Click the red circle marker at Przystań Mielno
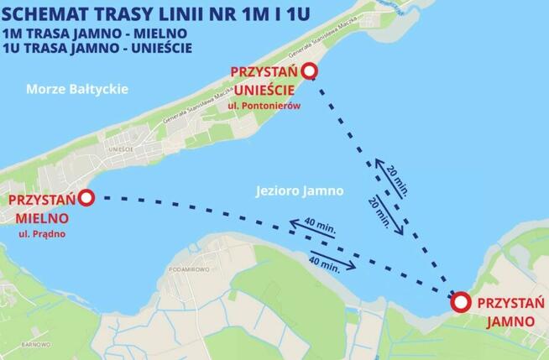click(x=86, y=197)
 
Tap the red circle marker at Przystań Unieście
click(x=309, y=72)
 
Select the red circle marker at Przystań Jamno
click(x=460, y=303)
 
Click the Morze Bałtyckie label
click(x=76, y=88)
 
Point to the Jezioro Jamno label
click(x=300, y=190)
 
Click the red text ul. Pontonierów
click(x=269, y=107)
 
